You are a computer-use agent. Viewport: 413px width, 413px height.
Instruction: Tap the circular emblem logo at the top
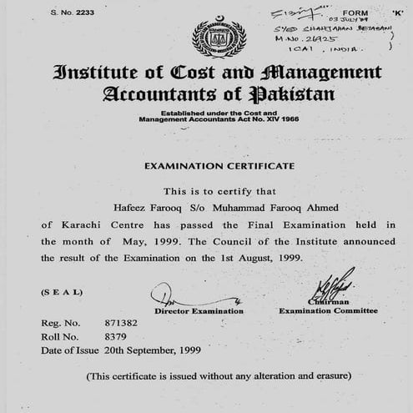[x=219, y=36]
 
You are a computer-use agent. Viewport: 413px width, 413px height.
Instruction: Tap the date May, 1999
[x=124, y=242]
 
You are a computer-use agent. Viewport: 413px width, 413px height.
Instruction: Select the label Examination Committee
[x=328, y=311]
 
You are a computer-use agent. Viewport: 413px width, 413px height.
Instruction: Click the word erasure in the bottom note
[x=330, y=375]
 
